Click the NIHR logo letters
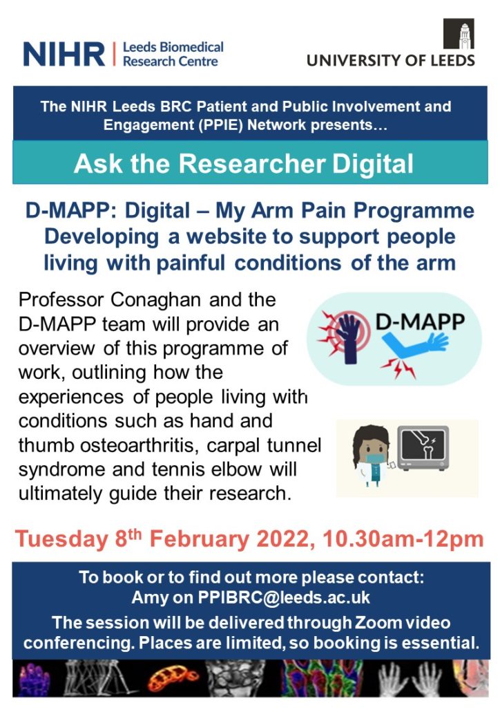click(x=64, y=54)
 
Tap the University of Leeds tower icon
click(x=459, y=33)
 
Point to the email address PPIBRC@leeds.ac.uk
click(x=284, y=597)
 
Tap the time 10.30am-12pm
click(x=403, y=539)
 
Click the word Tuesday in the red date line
click(x=61, y=539)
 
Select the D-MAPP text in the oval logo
click(x=420, y=322)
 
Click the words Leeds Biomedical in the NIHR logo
click(x=173, y=47)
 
